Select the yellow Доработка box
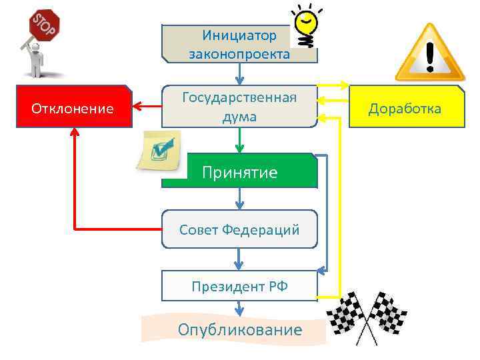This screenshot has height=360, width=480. coord(406,107)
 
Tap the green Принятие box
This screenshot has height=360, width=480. coord(239,171)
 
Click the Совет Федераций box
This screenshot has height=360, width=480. coord(239,229)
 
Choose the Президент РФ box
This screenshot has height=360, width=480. coord(239,286)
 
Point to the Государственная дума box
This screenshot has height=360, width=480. coord(239,107)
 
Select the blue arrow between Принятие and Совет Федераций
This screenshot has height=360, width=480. coord(239,199)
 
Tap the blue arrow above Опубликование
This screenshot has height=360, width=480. coord(239,309)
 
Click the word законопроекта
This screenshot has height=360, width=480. coord(239,54)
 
